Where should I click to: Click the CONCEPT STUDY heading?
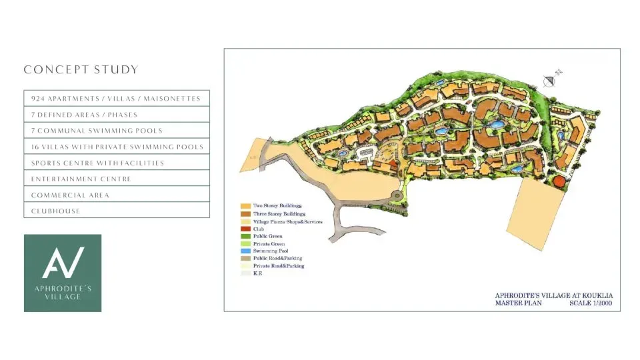click(81, 70)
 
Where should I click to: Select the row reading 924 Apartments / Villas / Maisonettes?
click(116, 99)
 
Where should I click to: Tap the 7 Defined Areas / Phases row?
click(116, 115)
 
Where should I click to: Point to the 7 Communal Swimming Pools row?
click(116, 131)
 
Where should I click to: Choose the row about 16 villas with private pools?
click(116, 147)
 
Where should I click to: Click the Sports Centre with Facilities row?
click(116, 163)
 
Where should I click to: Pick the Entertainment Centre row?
click(116, 179)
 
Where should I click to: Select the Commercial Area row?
click(116, 195)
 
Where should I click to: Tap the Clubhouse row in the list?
click(116, 211)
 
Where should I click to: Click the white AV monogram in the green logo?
click(63, 263)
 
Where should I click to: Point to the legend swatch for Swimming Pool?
click(245, 251)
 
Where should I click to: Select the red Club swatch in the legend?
click(245, 229)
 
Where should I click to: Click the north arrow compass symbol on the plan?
click(550, 81)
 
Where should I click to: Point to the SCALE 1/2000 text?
click(590, 303)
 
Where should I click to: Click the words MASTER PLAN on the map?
click(519, 303)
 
